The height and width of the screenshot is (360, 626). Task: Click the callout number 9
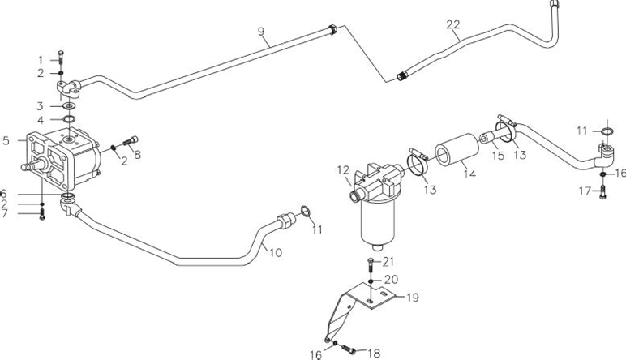coord(261,32)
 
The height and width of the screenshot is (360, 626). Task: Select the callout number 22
coord(453,25)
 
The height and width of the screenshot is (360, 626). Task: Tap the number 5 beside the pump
coord(6,140)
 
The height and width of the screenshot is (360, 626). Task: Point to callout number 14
coord(469,174)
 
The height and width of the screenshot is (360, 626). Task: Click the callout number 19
coord(413,298)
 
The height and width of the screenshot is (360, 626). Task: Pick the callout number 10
coord(276,253)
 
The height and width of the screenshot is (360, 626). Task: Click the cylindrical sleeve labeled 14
coord(457,150)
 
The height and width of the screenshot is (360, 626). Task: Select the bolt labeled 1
coord(61,58)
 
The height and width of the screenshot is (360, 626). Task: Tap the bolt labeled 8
coord(131,141)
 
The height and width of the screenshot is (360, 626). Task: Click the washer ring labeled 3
coord(70,106)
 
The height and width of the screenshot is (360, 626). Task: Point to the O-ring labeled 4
coord(70,119)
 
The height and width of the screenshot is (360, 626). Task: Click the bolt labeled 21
coord(371,266)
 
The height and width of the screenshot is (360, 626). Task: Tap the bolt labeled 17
coord(602,193)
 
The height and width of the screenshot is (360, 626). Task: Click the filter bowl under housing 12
coord(377,224)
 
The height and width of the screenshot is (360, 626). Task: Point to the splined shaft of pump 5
coord(33,164)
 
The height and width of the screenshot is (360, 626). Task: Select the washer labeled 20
coord(371,282)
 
